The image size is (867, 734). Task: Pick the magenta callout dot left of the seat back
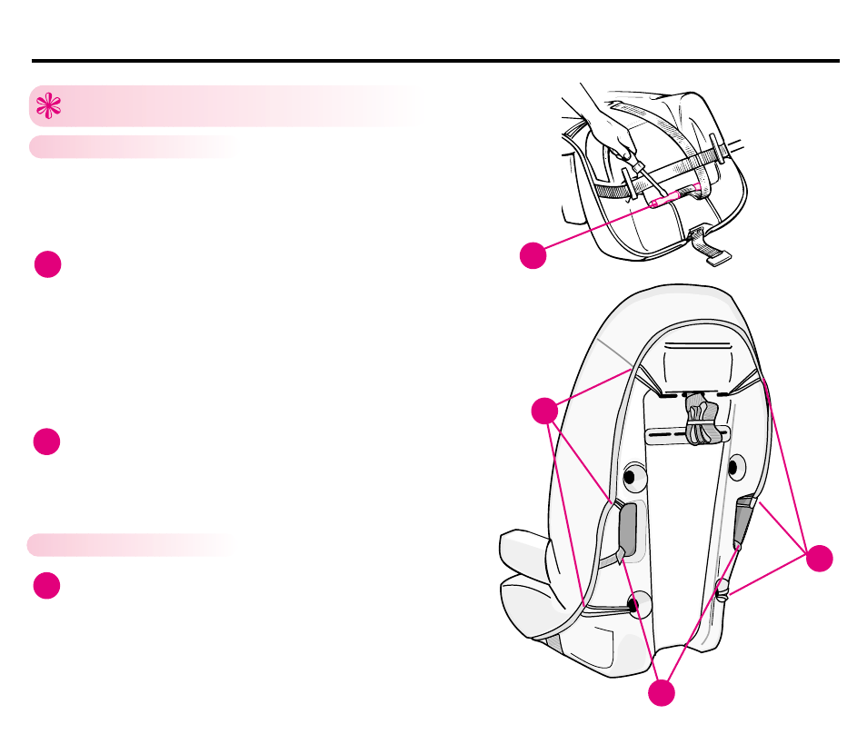pyautogui.click(x=545, y=412)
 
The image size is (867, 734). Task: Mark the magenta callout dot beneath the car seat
pyautogui.click(x=662, y=693)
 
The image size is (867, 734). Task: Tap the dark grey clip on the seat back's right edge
pyautogui.click(x=744, y=521)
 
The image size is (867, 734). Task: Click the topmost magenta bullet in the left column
pyautogui.click(x=47, y=264)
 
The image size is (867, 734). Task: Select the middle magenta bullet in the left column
pyautogui.click(x=47, y=441)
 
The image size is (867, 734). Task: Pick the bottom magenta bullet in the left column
pyautogui.click(x=47, y=586)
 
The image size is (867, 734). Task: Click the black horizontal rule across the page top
pyautogui.click(x=435, y=62)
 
